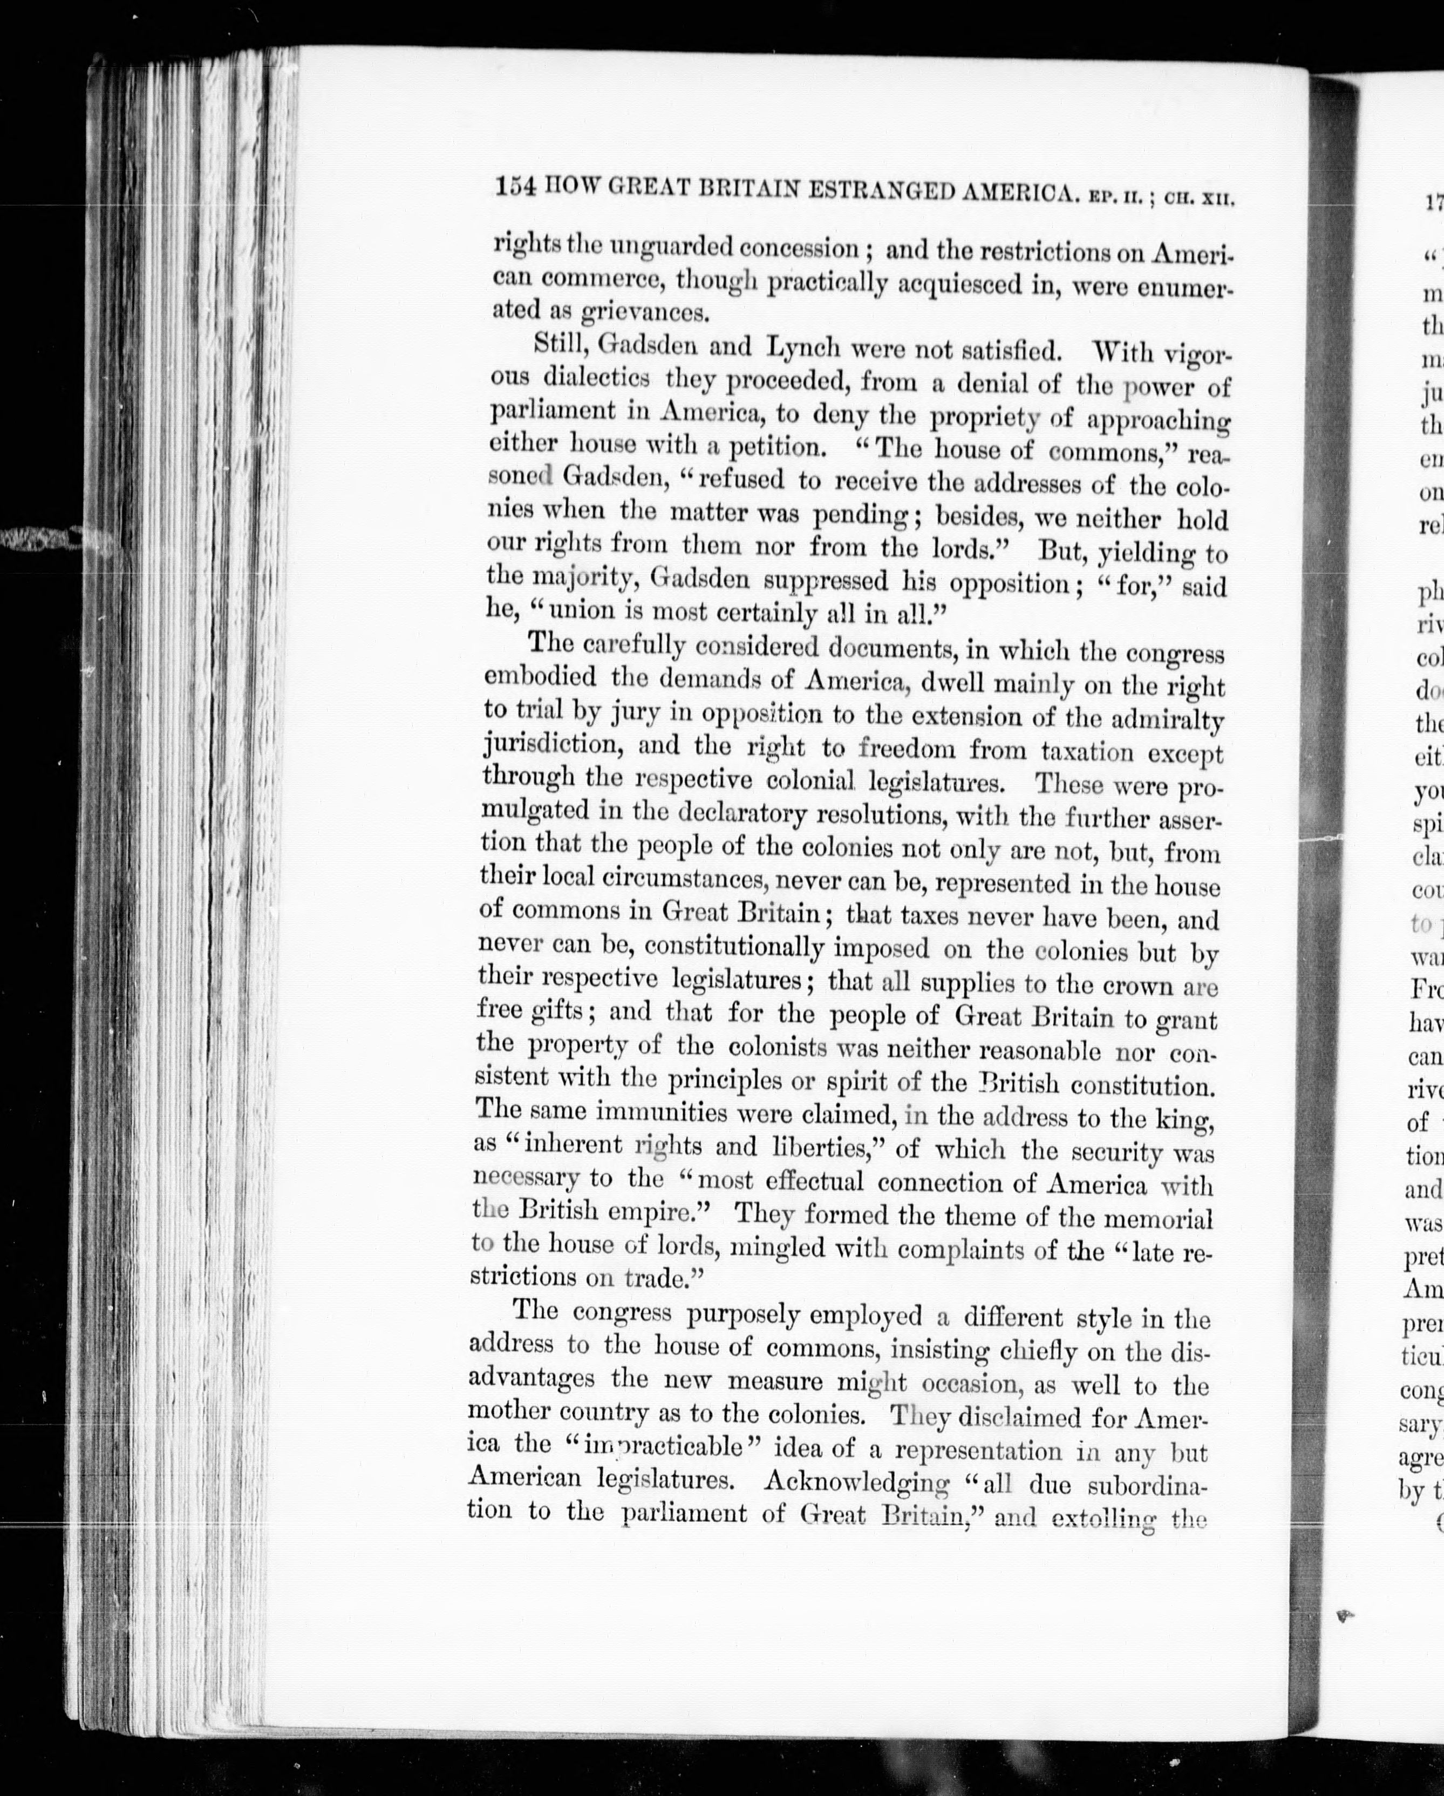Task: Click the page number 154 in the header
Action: (x=515, y=187)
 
